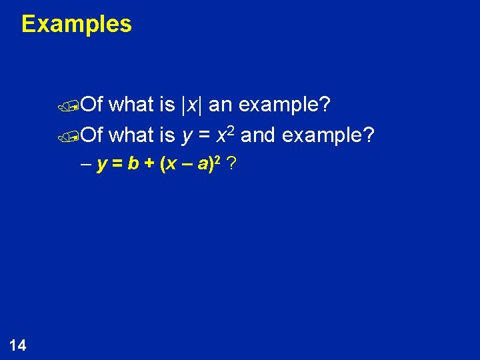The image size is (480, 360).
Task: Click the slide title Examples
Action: pyautogui.click(x=77, y=24)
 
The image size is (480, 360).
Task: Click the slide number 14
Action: pyautogui.click(x=18, y=345)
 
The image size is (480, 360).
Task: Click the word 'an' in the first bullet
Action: pyautogui.click(x=221, y=105)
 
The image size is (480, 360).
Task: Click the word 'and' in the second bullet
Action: pyautogui.click(x=259, y=135)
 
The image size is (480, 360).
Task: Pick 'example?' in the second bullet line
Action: pyautogui.click(x=329, y=135)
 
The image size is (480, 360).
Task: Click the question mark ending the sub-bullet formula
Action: pyautogui.click(x=230, y=163)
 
